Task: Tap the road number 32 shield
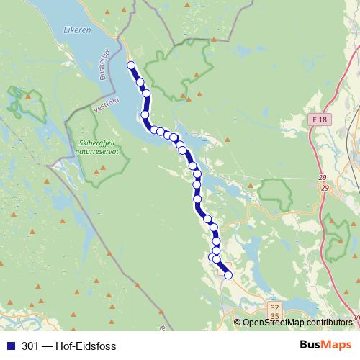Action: (274, 307)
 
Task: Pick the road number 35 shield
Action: (274, 316)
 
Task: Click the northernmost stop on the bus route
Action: (131, 66)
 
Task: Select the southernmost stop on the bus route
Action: (229, 275)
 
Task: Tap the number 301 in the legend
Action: (30, 346)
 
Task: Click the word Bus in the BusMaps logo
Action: (310, 346)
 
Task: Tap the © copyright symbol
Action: (238, 323)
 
